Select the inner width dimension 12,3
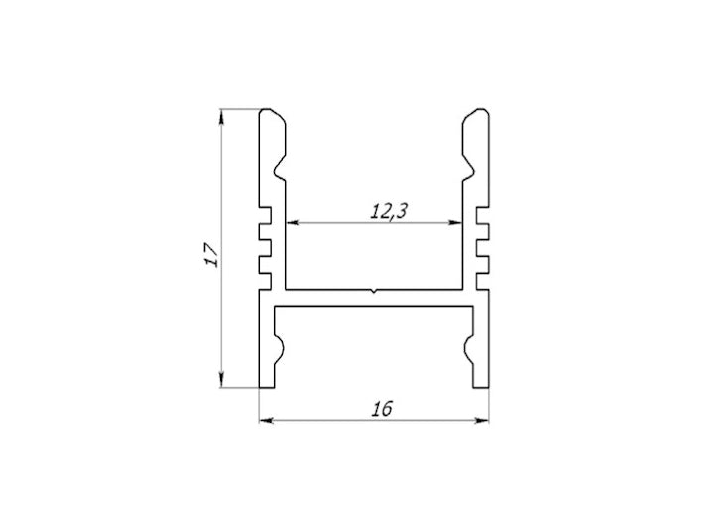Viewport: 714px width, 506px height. [x=389, y=210]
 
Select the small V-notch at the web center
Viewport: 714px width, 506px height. [x=374, y=292]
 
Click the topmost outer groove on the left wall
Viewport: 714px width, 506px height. [x=265, y=214]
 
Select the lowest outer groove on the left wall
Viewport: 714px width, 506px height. [x=265, y=265]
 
